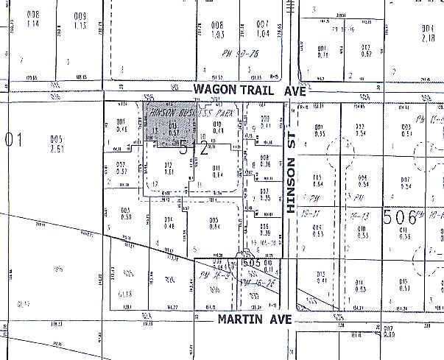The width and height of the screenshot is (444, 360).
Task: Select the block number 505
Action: (252, 261)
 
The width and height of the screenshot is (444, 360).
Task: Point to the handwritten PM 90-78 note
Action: (242, 54)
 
